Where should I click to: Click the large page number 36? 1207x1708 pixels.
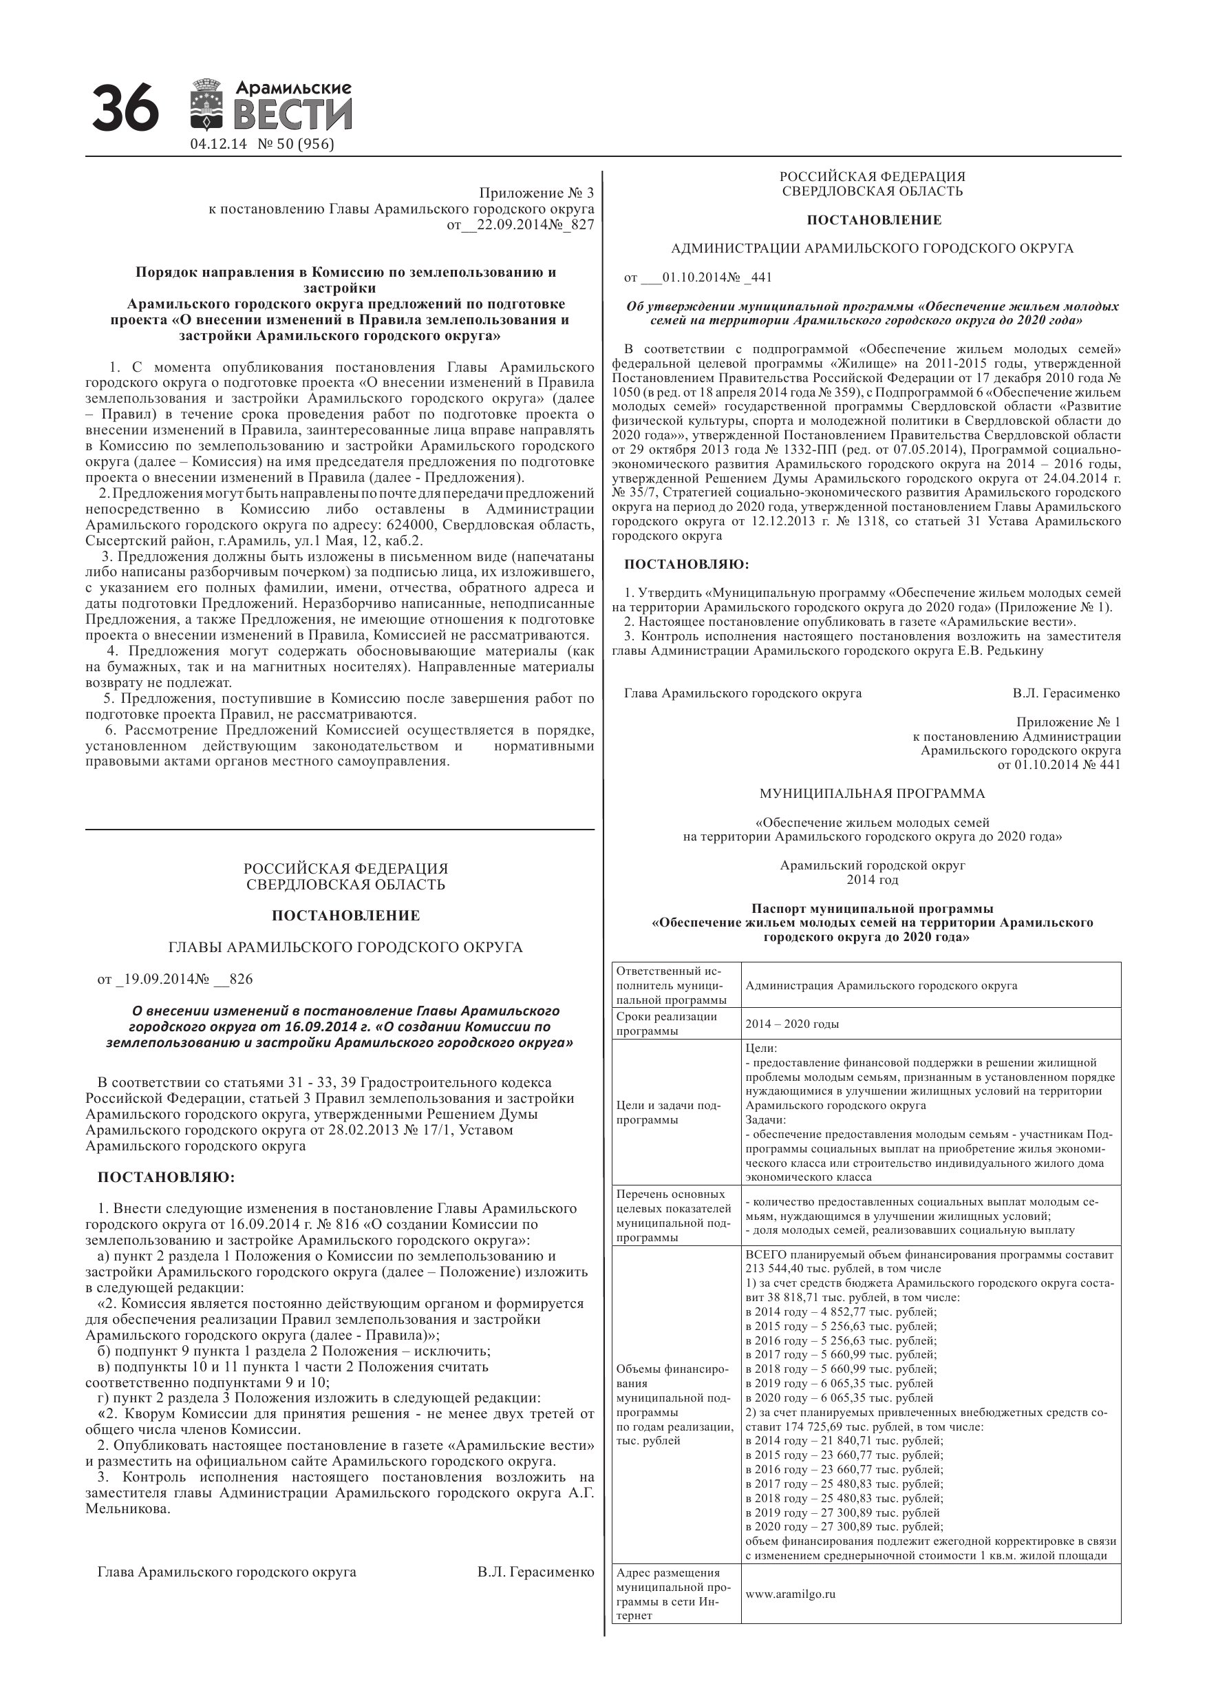[x=125, y=109]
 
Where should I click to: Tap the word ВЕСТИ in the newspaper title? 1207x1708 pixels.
[x=293, y=116]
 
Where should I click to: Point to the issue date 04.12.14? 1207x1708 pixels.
[x=218, y=145]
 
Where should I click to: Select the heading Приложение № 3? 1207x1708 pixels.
[x=536, y=193]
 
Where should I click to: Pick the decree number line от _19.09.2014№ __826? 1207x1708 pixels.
[x=175, y=979]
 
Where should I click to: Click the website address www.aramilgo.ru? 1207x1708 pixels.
[x=790, y=1594]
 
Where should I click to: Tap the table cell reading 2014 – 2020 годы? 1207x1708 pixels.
[x=792, y=1024]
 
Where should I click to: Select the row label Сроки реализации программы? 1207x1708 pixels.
[x=667, y=1024]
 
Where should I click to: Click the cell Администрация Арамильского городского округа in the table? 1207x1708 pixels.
[x=882, y=986]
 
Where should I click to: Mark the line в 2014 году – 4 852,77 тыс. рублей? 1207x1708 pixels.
[x=840, y=1311]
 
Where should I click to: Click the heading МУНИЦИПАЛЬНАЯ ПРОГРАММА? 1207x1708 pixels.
[x=872, y=794]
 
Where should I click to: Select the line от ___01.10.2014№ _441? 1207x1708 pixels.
[x=698, y=277]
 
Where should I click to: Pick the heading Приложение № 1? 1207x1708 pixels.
[x=1068, y=721]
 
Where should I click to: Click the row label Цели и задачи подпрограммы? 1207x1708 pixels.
[x=667, y=1112]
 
